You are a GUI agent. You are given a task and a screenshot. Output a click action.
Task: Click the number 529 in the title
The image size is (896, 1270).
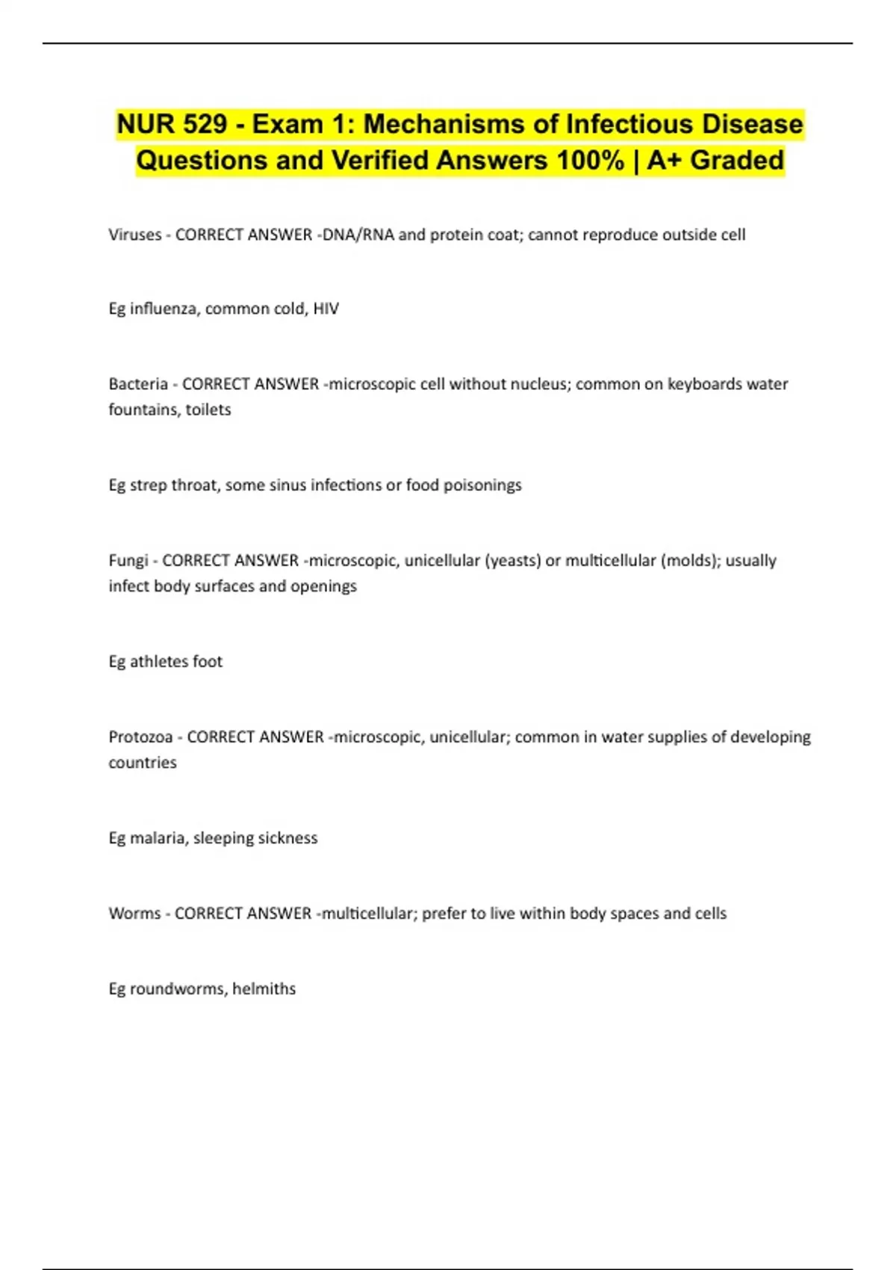click(205, 124)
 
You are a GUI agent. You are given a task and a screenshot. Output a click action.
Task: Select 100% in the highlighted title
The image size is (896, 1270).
click(589, 161)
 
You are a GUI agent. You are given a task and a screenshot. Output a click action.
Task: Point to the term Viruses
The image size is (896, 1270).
click(135, 235)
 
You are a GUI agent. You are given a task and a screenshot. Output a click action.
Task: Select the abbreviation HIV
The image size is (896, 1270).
click(326, 309)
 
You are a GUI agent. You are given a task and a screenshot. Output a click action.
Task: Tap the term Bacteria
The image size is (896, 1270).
click(138, 384)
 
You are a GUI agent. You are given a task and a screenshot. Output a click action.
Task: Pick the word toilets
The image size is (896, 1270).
click(208, 409)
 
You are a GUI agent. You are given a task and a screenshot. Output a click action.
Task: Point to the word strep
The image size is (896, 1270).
click(149, 485)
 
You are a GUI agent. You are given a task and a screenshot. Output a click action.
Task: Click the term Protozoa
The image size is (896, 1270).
click(140, 737)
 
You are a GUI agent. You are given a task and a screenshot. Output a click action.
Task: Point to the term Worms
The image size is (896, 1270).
click(134, 913)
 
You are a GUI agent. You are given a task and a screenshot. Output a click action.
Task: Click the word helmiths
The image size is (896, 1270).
click(264, 988)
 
